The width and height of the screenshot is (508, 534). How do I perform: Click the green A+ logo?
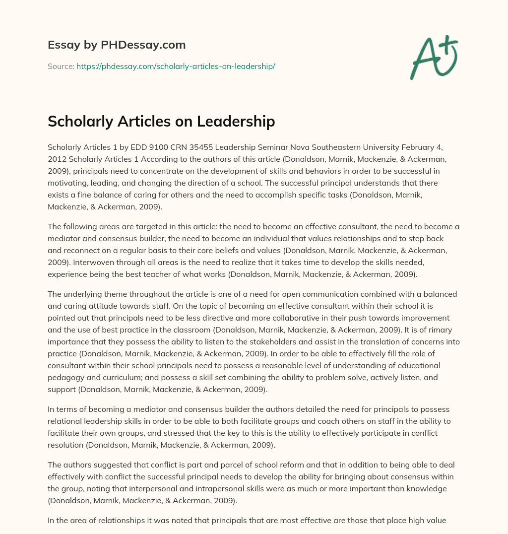[433, 57]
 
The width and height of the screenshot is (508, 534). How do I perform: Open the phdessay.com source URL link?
[176, 66]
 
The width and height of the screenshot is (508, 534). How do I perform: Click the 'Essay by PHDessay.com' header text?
[117, 45]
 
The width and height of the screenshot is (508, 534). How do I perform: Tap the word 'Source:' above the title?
[61, 66]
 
